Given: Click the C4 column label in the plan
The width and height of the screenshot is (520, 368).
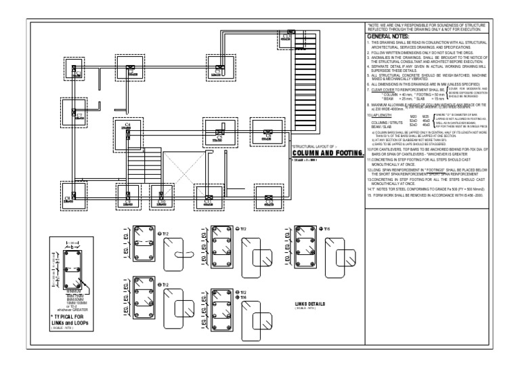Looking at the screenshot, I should point(128,124).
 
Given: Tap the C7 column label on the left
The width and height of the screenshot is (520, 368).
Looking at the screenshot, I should point(79,115).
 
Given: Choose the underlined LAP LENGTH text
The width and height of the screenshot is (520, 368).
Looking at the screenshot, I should point(383,116).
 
